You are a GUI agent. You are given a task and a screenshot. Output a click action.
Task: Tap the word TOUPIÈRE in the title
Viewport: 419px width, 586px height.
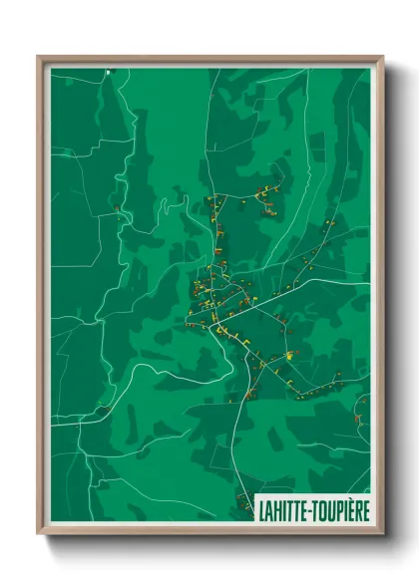point(341,508)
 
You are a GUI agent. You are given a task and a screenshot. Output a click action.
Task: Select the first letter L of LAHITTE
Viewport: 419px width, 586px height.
point(261,508)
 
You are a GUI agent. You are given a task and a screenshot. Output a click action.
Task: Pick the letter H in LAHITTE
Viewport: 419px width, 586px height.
point(278,508)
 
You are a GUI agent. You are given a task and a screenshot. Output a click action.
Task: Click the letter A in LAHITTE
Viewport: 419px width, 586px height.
point(269,508)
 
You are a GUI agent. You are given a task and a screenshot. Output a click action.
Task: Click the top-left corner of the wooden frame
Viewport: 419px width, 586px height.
point(39,57)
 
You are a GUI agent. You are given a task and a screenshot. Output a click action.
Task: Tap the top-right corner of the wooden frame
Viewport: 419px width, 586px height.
point(383,57)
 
